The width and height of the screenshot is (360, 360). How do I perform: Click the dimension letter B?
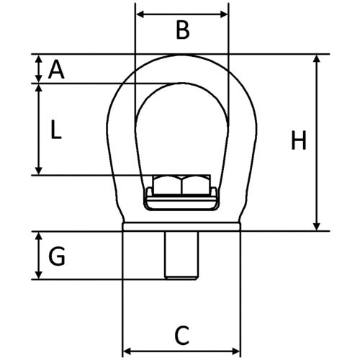coord(182,30)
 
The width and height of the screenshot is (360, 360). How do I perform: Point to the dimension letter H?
coord(298,141)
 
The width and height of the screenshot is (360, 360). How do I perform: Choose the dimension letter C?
coord(182,334)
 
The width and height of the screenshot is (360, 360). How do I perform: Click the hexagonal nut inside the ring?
coord(181,185)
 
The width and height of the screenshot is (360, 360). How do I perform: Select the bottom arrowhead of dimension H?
coord(317,227)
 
